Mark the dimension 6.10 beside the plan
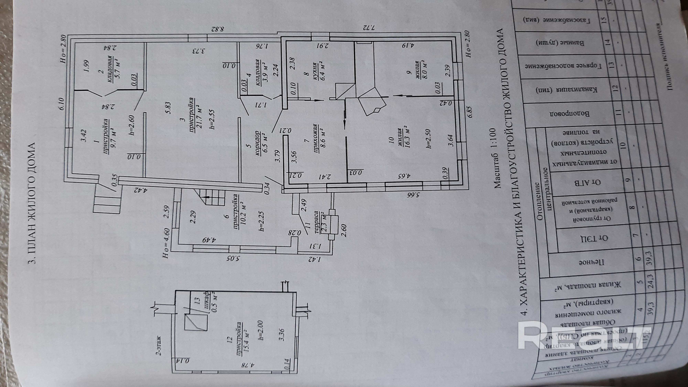62,105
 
